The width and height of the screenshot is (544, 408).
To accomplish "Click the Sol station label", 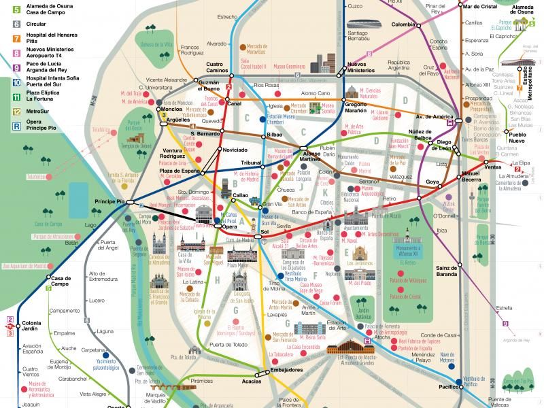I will (265, 232).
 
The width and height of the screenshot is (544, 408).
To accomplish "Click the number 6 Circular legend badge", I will (16, 23).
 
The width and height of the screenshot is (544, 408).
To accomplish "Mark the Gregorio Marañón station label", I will (360, 107).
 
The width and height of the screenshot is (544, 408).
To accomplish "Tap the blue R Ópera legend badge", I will (16, 125).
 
